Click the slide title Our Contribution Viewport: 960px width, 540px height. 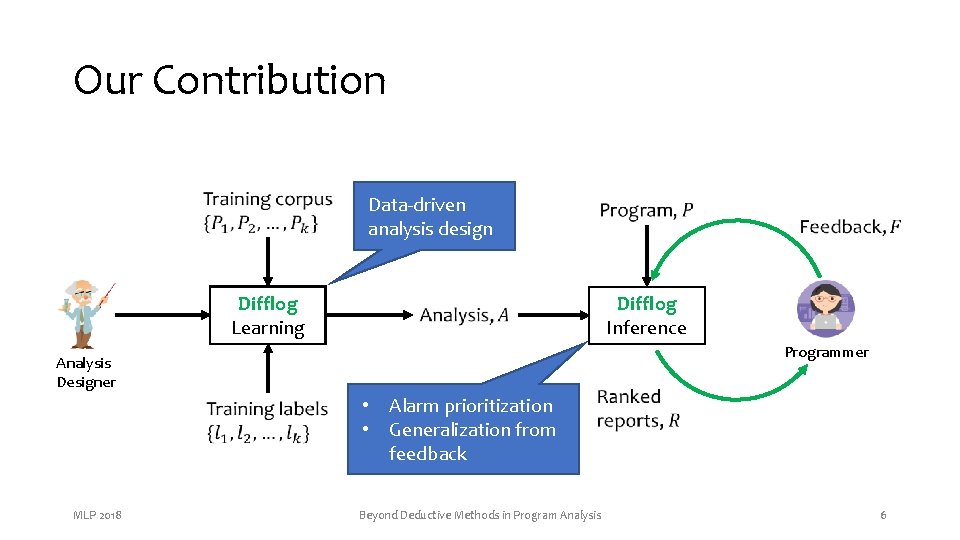click(x=229, y=80)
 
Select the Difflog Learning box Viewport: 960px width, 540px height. click(x=268, y=316)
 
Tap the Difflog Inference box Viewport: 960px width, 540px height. click(x=646, y=316)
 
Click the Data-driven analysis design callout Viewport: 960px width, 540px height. click(x=430, y=217)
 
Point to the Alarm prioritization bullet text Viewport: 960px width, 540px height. click(x=470, y=406)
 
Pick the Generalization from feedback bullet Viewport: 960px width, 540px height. click(x=471, y=442)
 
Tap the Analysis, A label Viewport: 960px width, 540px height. click(x=464, y=316)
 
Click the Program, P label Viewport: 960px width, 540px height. click(x=646, y=210)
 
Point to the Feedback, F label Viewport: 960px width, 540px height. click(x=849, y=227)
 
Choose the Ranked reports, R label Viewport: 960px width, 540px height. click(x=638, y=408)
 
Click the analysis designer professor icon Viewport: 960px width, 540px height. click(x=86, y=313)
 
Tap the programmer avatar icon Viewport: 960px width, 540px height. click(x=825, y=309)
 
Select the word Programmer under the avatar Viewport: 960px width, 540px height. click(x=826, y=352)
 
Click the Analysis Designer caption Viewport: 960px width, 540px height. click(x=85, y=372)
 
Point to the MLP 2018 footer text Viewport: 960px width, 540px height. click(x=98, y=515)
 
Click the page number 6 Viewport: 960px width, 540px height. click(x=883, y=515)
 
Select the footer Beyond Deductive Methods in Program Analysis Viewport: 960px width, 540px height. click(x=480, y=515)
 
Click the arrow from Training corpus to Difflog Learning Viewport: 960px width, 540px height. click(x=268, y=262)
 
